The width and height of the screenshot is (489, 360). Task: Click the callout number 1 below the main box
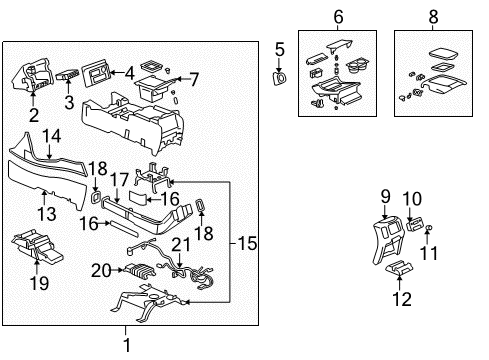(x=125, y=345)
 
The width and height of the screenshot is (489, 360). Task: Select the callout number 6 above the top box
(x=337, y=16)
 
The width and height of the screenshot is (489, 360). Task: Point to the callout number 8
(x=433, y=16)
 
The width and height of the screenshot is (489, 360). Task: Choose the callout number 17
(x=117, y=180)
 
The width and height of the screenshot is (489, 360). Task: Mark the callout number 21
(x=181, y=245)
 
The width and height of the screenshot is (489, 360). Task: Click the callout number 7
(x=194, y=77)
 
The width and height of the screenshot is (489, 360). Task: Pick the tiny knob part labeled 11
(x=429, y=230)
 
